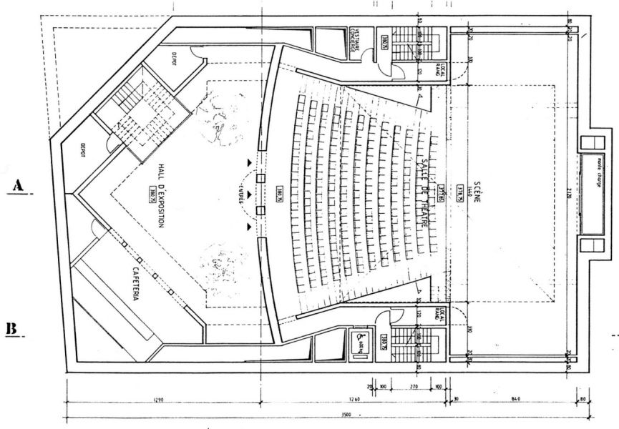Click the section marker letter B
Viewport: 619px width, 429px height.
point(11,328)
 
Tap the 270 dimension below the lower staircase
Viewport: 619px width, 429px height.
point(412,387)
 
